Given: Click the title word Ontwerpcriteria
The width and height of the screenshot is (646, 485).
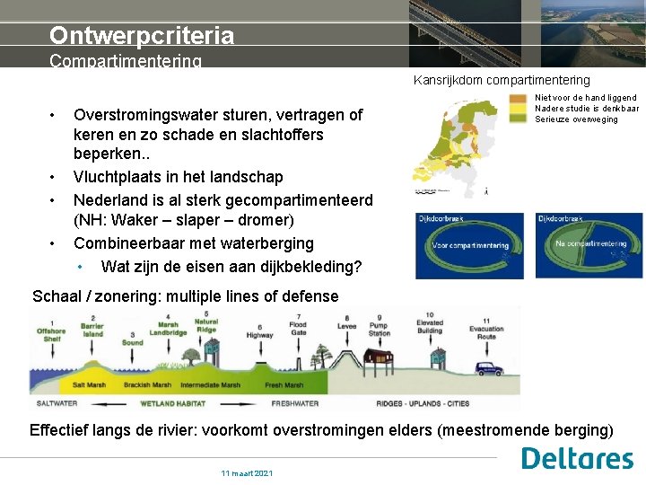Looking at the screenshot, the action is pos(142,35).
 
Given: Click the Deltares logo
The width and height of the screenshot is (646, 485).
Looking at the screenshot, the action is pos(577,459).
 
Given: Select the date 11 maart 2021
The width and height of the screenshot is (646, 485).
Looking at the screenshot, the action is pos(248,473).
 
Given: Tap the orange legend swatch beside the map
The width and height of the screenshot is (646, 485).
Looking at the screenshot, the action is pos(518,98).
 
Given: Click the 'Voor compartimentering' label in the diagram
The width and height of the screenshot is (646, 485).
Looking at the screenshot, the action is pos(470,245).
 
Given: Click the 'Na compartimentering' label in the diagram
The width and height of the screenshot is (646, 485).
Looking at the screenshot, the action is pos(590,243).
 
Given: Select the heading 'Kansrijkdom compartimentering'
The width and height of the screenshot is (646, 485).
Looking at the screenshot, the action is pos(502,81).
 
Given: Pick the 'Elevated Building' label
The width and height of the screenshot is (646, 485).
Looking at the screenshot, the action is pos(429,325).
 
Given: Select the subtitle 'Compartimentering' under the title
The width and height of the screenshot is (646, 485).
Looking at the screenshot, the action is pos(126,61).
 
